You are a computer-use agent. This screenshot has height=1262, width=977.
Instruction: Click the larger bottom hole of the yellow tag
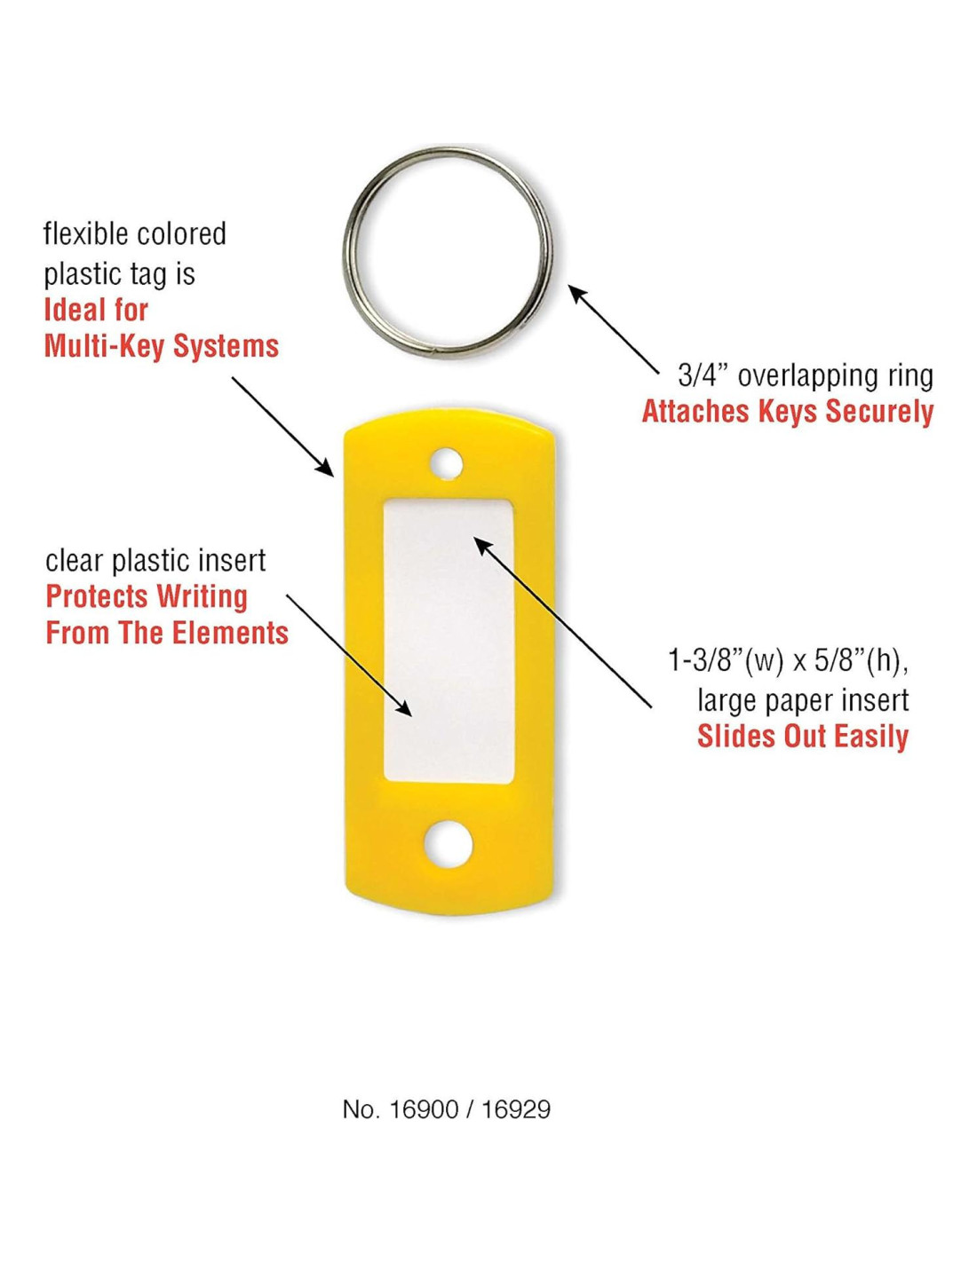449,844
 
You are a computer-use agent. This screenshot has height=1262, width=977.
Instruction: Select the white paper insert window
449,639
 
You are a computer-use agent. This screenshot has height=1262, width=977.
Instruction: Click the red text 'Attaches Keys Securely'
787,412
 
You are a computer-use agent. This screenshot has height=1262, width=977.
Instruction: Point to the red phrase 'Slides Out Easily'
802,737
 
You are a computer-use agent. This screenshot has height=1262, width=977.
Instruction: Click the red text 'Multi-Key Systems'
162,346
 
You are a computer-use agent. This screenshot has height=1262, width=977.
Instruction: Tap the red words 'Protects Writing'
147,596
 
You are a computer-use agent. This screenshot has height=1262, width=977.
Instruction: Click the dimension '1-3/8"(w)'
726,661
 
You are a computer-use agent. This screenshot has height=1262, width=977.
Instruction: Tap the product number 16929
516,1109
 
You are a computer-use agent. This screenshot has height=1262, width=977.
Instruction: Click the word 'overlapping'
792,375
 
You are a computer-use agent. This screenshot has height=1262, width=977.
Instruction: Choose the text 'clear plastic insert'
155,561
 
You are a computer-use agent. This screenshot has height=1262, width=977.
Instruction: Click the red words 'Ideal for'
96,310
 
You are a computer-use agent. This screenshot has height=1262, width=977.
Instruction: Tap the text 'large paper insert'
803,700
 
